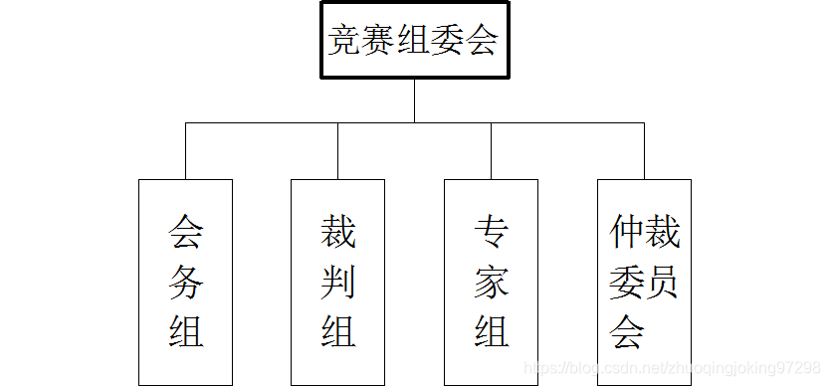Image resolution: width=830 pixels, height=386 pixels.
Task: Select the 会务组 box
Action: pos(185,282)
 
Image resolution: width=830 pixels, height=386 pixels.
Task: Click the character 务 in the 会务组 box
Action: pos(186,283)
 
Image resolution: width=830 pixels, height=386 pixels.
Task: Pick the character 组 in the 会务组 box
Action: pos(186,330)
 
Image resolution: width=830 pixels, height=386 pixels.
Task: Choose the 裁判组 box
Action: pos(337,282)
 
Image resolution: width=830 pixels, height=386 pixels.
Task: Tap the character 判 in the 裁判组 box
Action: pos(338,283)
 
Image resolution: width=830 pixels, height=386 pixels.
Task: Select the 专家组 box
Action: pos(491,282)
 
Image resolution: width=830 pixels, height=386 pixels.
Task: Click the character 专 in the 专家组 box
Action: pos(492,235)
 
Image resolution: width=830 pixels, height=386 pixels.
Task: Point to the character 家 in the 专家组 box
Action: pos(492,283)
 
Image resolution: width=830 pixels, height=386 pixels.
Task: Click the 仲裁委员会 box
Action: pos(644,282)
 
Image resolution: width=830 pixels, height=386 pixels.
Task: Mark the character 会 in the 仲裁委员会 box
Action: pos(627,330)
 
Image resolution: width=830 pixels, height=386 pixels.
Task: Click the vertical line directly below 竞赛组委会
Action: pos(414,100)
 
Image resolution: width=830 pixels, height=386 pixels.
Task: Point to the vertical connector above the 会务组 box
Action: pos(186,151)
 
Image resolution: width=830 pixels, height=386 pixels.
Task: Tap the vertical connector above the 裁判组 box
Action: pos(338,151)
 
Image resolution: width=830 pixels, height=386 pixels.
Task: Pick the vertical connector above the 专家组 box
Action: pos(492,151)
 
